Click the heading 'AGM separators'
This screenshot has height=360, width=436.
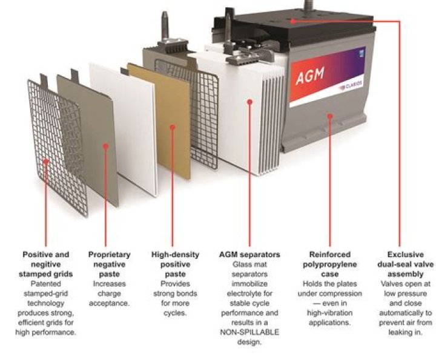[x=251, y=255]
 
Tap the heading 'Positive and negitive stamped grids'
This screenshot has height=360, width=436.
[x=46, y=264]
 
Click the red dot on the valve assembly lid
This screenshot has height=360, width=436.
[x=292, y=21]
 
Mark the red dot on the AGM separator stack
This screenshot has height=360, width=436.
[x=250, y=102]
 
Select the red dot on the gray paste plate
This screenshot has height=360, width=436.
[x=107, y=145]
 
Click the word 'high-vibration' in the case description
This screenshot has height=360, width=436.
[x=329, y=313]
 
